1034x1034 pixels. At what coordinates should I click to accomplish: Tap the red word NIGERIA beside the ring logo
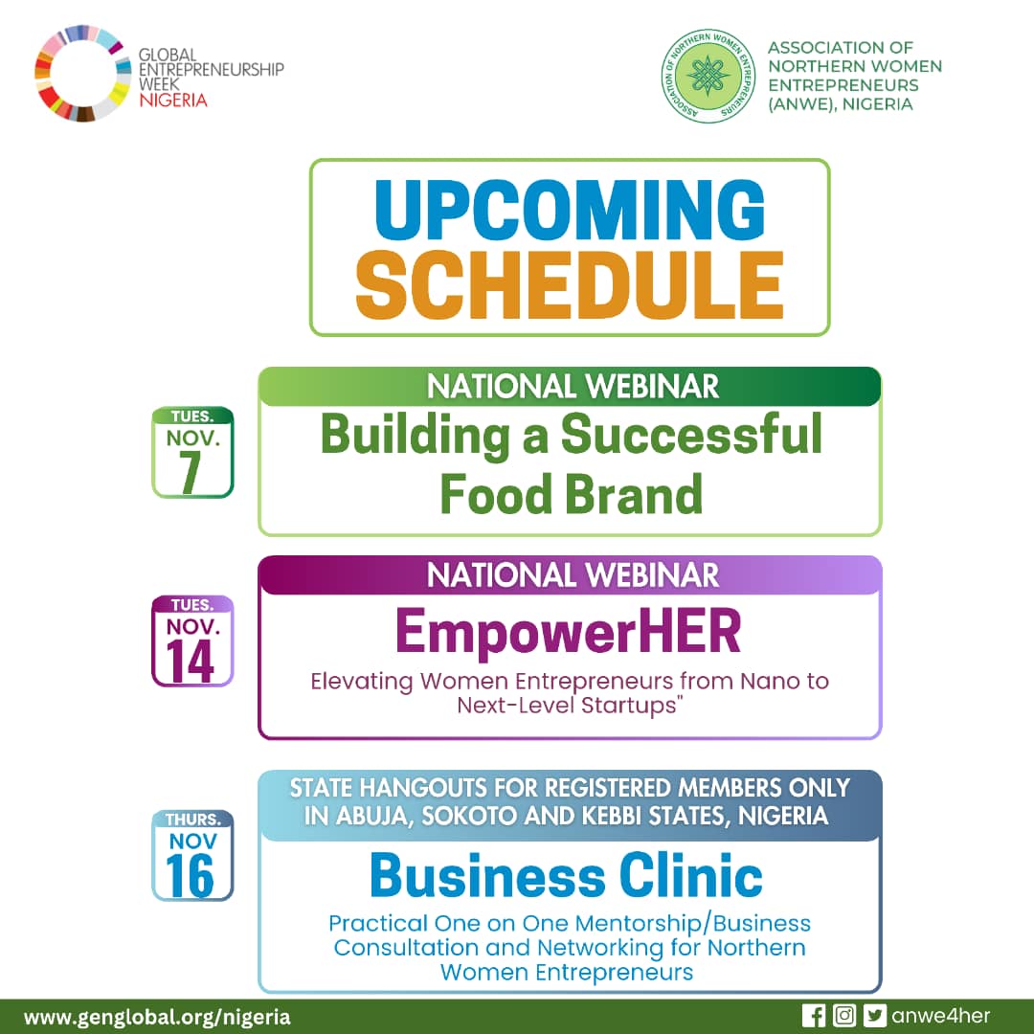click(x=172, y=100)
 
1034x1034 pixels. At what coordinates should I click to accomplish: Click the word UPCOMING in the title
click(x=570, y=210)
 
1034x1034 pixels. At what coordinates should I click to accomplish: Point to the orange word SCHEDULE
click(x=570, y=285)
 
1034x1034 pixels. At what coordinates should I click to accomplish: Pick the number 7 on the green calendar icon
click(x=190, y=473)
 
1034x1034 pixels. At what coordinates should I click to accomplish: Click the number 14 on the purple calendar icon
click(x=190, y=662)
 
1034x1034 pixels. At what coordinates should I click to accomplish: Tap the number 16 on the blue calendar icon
click(x=190, y=876)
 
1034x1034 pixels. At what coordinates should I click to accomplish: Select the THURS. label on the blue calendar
click(x=192, y=819)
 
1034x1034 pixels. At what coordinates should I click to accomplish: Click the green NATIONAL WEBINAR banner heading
click(x=573, y=387)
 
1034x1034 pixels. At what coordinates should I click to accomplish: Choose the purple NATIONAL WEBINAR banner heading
click(x=573, y=575)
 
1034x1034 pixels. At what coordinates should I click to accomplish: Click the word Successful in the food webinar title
click(x=691, y=435)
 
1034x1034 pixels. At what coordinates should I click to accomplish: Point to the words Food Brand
click(x=571, y=494)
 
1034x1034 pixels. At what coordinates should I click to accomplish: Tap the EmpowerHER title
click(x=569, y=631)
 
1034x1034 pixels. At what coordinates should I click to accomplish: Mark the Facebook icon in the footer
click(x=814, y=1016)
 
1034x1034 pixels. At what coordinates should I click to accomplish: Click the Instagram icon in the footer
click(x=844, y=1016)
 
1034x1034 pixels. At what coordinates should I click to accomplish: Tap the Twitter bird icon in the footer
click(x=874, y=1016)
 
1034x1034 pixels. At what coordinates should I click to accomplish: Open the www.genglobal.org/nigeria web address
click(x=157, y=1017)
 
